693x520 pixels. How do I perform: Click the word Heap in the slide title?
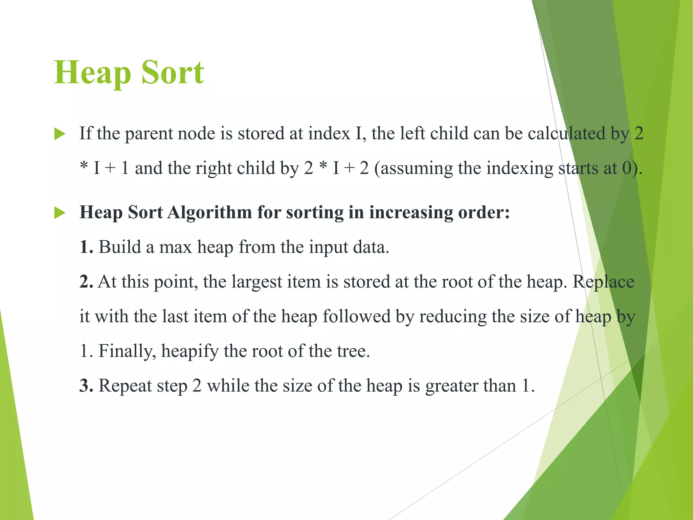click(92, 72)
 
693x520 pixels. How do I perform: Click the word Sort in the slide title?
click(173, 72)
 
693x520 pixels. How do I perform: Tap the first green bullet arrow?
click(60, 134)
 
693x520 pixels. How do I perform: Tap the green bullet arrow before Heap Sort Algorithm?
click(60, 213)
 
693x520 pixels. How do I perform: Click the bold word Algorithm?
click(209, 213)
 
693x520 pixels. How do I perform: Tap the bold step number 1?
click(86, 247)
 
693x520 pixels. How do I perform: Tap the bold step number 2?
click(86, 282)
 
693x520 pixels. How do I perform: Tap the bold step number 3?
click(86, 386)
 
